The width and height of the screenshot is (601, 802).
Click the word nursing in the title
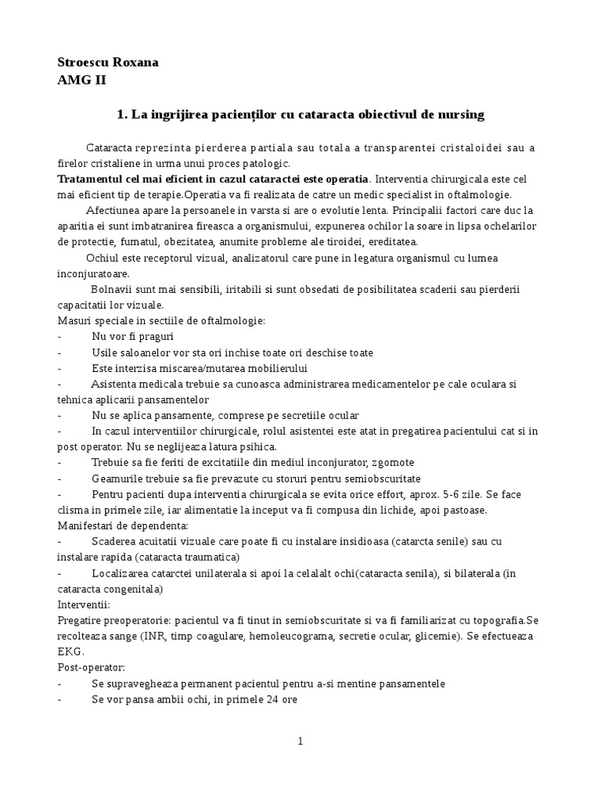[461, 114]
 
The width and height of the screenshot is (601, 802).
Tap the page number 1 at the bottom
[300, 742]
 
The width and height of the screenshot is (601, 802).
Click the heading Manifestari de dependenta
[123, 526]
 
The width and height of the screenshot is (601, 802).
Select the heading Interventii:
[84, 605]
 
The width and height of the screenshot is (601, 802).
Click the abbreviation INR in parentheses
[153, 636]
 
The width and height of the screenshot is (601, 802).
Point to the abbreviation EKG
[70, 652]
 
